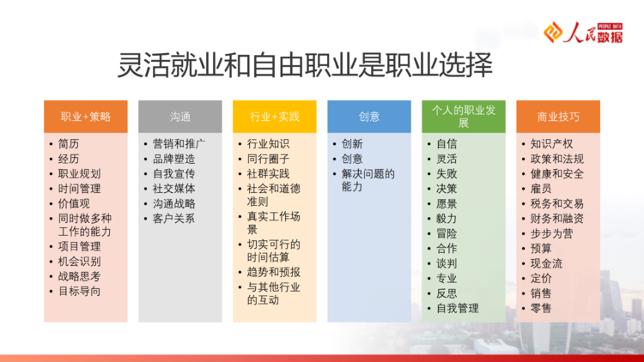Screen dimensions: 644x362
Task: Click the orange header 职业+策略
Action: (85, 117)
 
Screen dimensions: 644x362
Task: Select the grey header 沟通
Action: (180, 117)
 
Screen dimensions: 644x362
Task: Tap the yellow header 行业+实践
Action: (275, 117)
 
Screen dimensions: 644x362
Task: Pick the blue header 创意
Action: (369, 117)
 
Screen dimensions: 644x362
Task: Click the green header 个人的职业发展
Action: (464, 117)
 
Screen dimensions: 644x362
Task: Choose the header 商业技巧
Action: (558, 117)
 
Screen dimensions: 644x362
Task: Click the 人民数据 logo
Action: (583, 33)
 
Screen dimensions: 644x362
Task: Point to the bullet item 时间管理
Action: (79, 189)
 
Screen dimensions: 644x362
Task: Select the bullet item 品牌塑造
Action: (173, 159)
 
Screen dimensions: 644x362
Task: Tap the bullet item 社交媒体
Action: (173, 189)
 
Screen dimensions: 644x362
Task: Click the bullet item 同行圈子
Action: (268, 159)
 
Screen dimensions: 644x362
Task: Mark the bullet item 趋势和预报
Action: (274, 272)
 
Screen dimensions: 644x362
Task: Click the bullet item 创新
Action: (352, 144)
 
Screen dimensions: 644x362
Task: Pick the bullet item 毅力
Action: (447, 219)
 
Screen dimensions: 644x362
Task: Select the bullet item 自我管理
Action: (458, 308)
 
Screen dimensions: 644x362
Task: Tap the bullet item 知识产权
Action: (551, 144)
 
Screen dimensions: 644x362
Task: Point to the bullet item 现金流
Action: (546, 263)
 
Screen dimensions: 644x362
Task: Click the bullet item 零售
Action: (541, 308)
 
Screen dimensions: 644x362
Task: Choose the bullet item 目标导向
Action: (79, 292)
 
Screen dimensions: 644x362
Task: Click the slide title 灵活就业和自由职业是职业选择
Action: (305, 65)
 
